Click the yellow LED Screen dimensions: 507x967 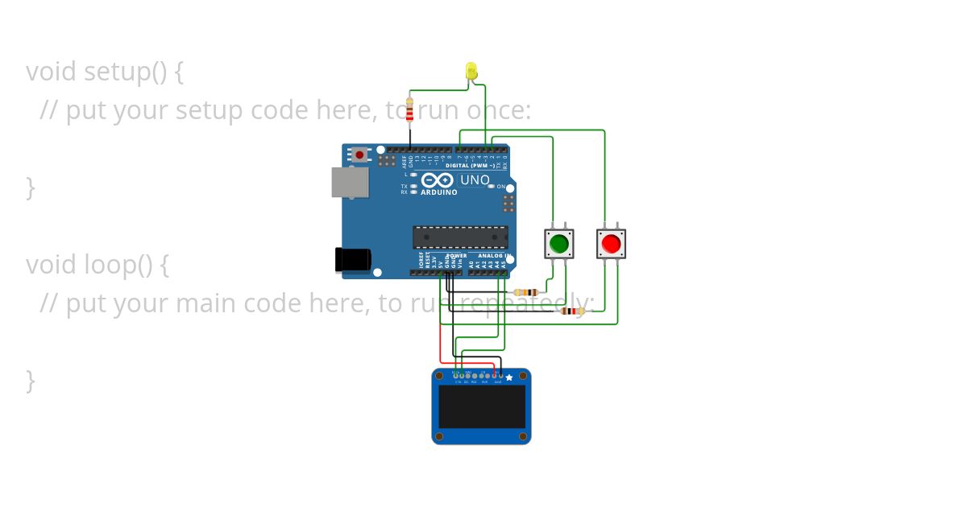[x=471, y=72]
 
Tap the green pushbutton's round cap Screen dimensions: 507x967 [x=558, y=242]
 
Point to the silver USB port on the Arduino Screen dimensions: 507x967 [x=350, y=182]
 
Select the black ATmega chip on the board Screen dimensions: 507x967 [x=460, y=237]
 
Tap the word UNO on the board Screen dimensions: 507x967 [x=474, y=180]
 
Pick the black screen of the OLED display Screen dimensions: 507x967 [x=482, y=406]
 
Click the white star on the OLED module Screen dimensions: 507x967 [x=508, y=377]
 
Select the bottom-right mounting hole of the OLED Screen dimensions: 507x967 [x=525, y=437]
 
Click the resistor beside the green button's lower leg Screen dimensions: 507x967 [x=527, y=291]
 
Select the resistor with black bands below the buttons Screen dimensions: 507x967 [x=572, y=311]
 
